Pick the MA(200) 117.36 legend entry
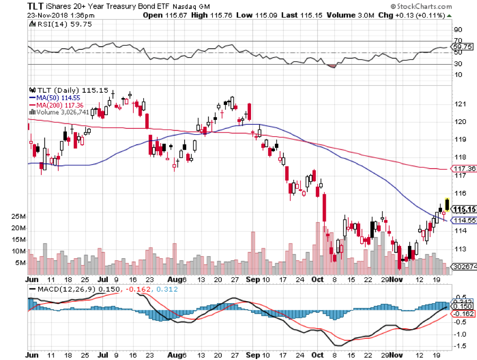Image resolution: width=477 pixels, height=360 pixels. (53, 105)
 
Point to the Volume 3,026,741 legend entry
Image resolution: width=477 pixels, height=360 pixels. (59, 112)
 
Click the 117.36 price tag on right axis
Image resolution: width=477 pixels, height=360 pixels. (463, 169)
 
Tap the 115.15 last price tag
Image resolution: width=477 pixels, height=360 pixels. (463, 209)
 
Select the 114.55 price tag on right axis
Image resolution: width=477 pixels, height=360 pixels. (463, 220)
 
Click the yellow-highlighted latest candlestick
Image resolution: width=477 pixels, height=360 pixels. (447, 204)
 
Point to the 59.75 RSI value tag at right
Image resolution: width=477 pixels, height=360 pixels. (462, 46)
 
